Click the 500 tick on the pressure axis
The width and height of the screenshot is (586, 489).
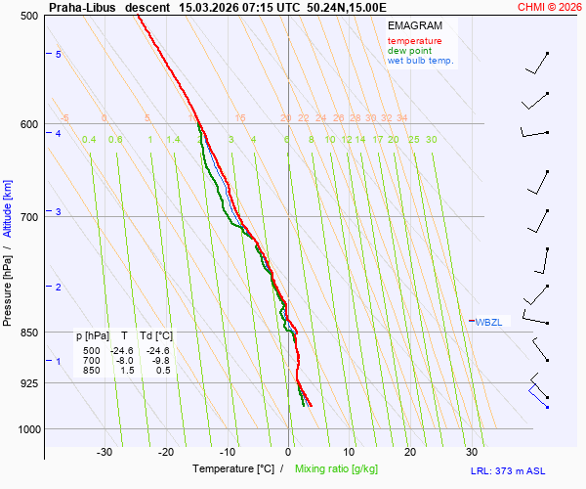click(x=28, y=16)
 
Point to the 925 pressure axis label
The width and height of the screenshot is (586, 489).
click(x=28, y=382)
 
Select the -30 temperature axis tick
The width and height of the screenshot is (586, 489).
click(x=105, y=452)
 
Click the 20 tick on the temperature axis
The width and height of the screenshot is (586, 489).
click(x=410, y=452)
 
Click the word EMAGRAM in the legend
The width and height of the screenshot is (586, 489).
click(x=414, y=25)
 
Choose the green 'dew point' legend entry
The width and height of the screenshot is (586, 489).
click(x=410, y=51)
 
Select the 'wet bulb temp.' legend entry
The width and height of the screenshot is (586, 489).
click(x=421, y=61)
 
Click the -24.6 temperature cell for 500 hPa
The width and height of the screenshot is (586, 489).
click(x=121, y=350)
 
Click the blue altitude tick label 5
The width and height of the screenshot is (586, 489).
click(x=58, y=54)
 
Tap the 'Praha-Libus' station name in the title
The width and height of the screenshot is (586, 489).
click(x=82, y=6)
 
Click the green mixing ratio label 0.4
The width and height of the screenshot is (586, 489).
click(x=89, y=140)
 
